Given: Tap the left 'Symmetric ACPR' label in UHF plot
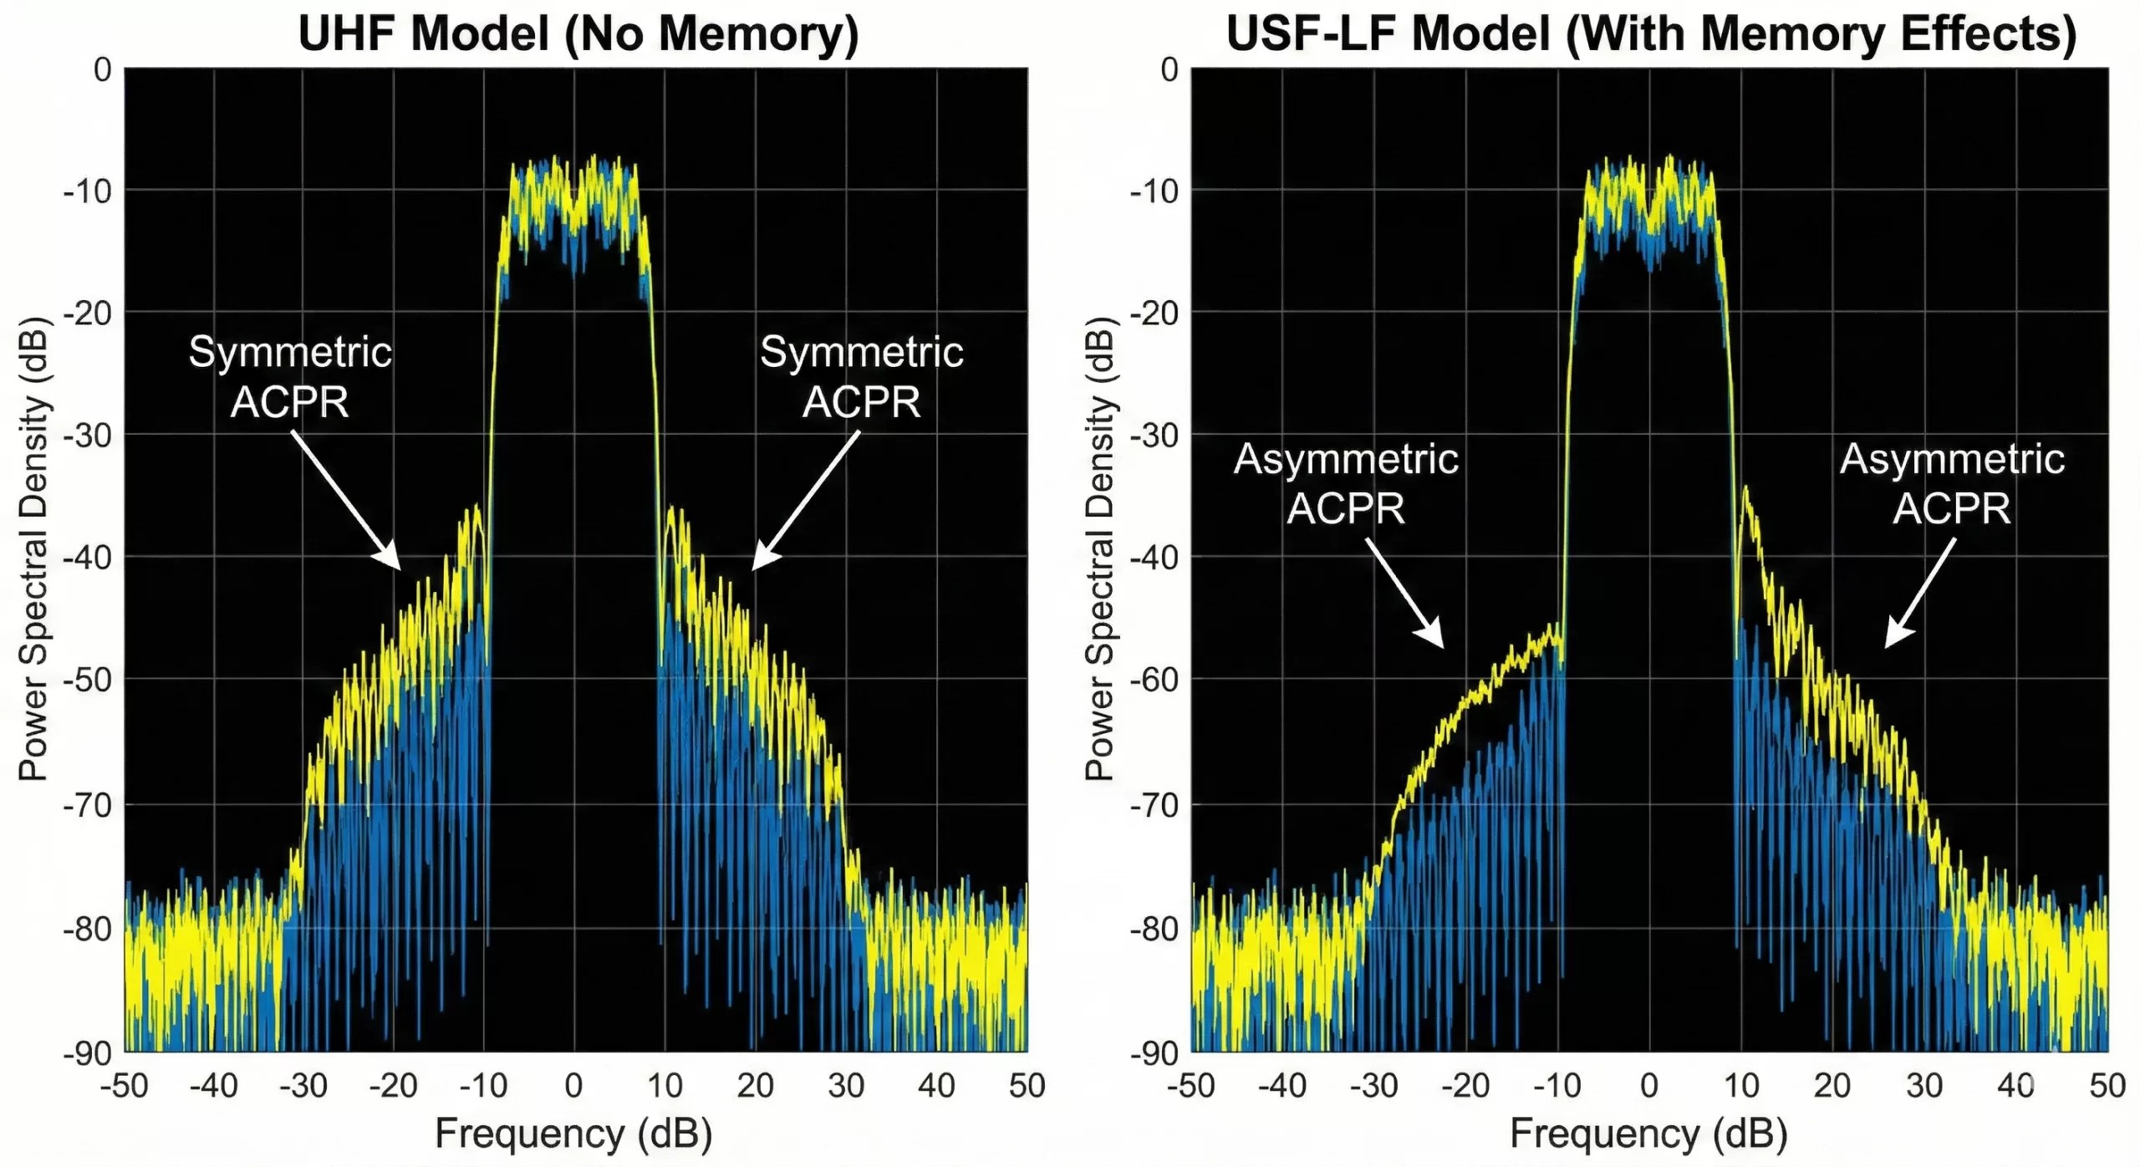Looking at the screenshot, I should [x=289, y=376].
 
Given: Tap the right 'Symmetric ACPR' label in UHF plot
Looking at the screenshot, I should [x=861, y=376].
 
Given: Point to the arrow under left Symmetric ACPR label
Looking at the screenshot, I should [x=345, y=500].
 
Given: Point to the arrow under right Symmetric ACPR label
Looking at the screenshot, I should [x=806, y=500].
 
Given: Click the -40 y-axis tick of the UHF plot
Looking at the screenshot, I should [x=88, y=557].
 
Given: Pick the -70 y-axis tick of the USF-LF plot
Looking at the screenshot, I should [x=1154, y=805].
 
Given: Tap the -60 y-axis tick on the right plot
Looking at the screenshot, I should [x=1154, y=680].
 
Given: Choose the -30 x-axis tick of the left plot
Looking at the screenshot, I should [x=303, y=1086].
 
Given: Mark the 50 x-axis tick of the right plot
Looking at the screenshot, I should [x=2107, y=1086].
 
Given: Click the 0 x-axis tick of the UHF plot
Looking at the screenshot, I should [x=573, y=1086].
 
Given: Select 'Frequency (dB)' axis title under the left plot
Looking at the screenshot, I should [x=573, y=1134].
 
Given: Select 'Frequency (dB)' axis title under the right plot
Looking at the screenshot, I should [x=1648, y=1134].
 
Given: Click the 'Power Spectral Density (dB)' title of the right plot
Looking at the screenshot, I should [x=1099, y=549].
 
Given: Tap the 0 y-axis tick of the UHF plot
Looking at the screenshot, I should [x=102, y=70].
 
